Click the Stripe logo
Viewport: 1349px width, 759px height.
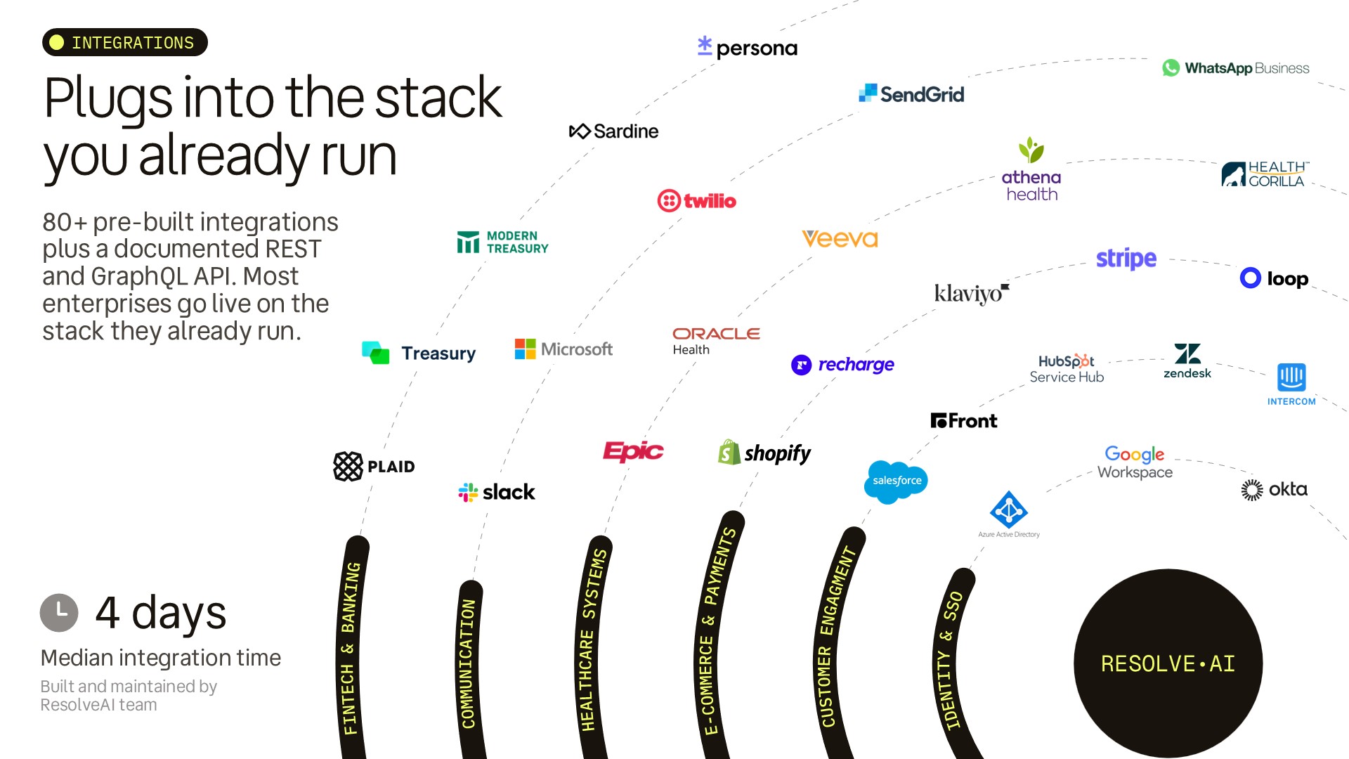[1126, 259]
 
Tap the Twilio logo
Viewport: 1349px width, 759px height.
[696, 201]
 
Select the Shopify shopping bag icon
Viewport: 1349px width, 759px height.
[729, 453]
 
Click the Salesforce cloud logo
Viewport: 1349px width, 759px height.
[896, 481]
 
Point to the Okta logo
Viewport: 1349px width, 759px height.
[1274, 489]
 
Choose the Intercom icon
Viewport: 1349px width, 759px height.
[1291, 377]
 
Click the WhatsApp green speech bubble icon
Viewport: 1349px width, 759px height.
[1171, 68]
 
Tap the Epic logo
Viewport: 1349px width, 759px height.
[633, 451]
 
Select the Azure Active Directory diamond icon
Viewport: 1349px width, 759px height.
[1009, 510]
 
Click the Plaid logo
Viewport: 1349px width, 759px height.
[374, 467]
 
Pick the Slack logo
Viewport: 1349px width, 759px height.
[496, 492]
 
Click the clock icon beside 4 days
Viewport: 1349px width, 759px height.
[59, 613]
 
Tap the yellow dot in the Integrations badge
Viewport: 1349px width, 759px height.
[57, 43]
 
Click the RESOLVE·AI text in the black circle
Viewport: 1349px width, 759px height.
[1168, 664]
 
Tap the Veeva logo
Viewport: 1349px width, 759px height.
[840, 239]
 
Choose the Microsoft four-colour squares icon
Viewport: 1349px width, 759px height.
[525, 349]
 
